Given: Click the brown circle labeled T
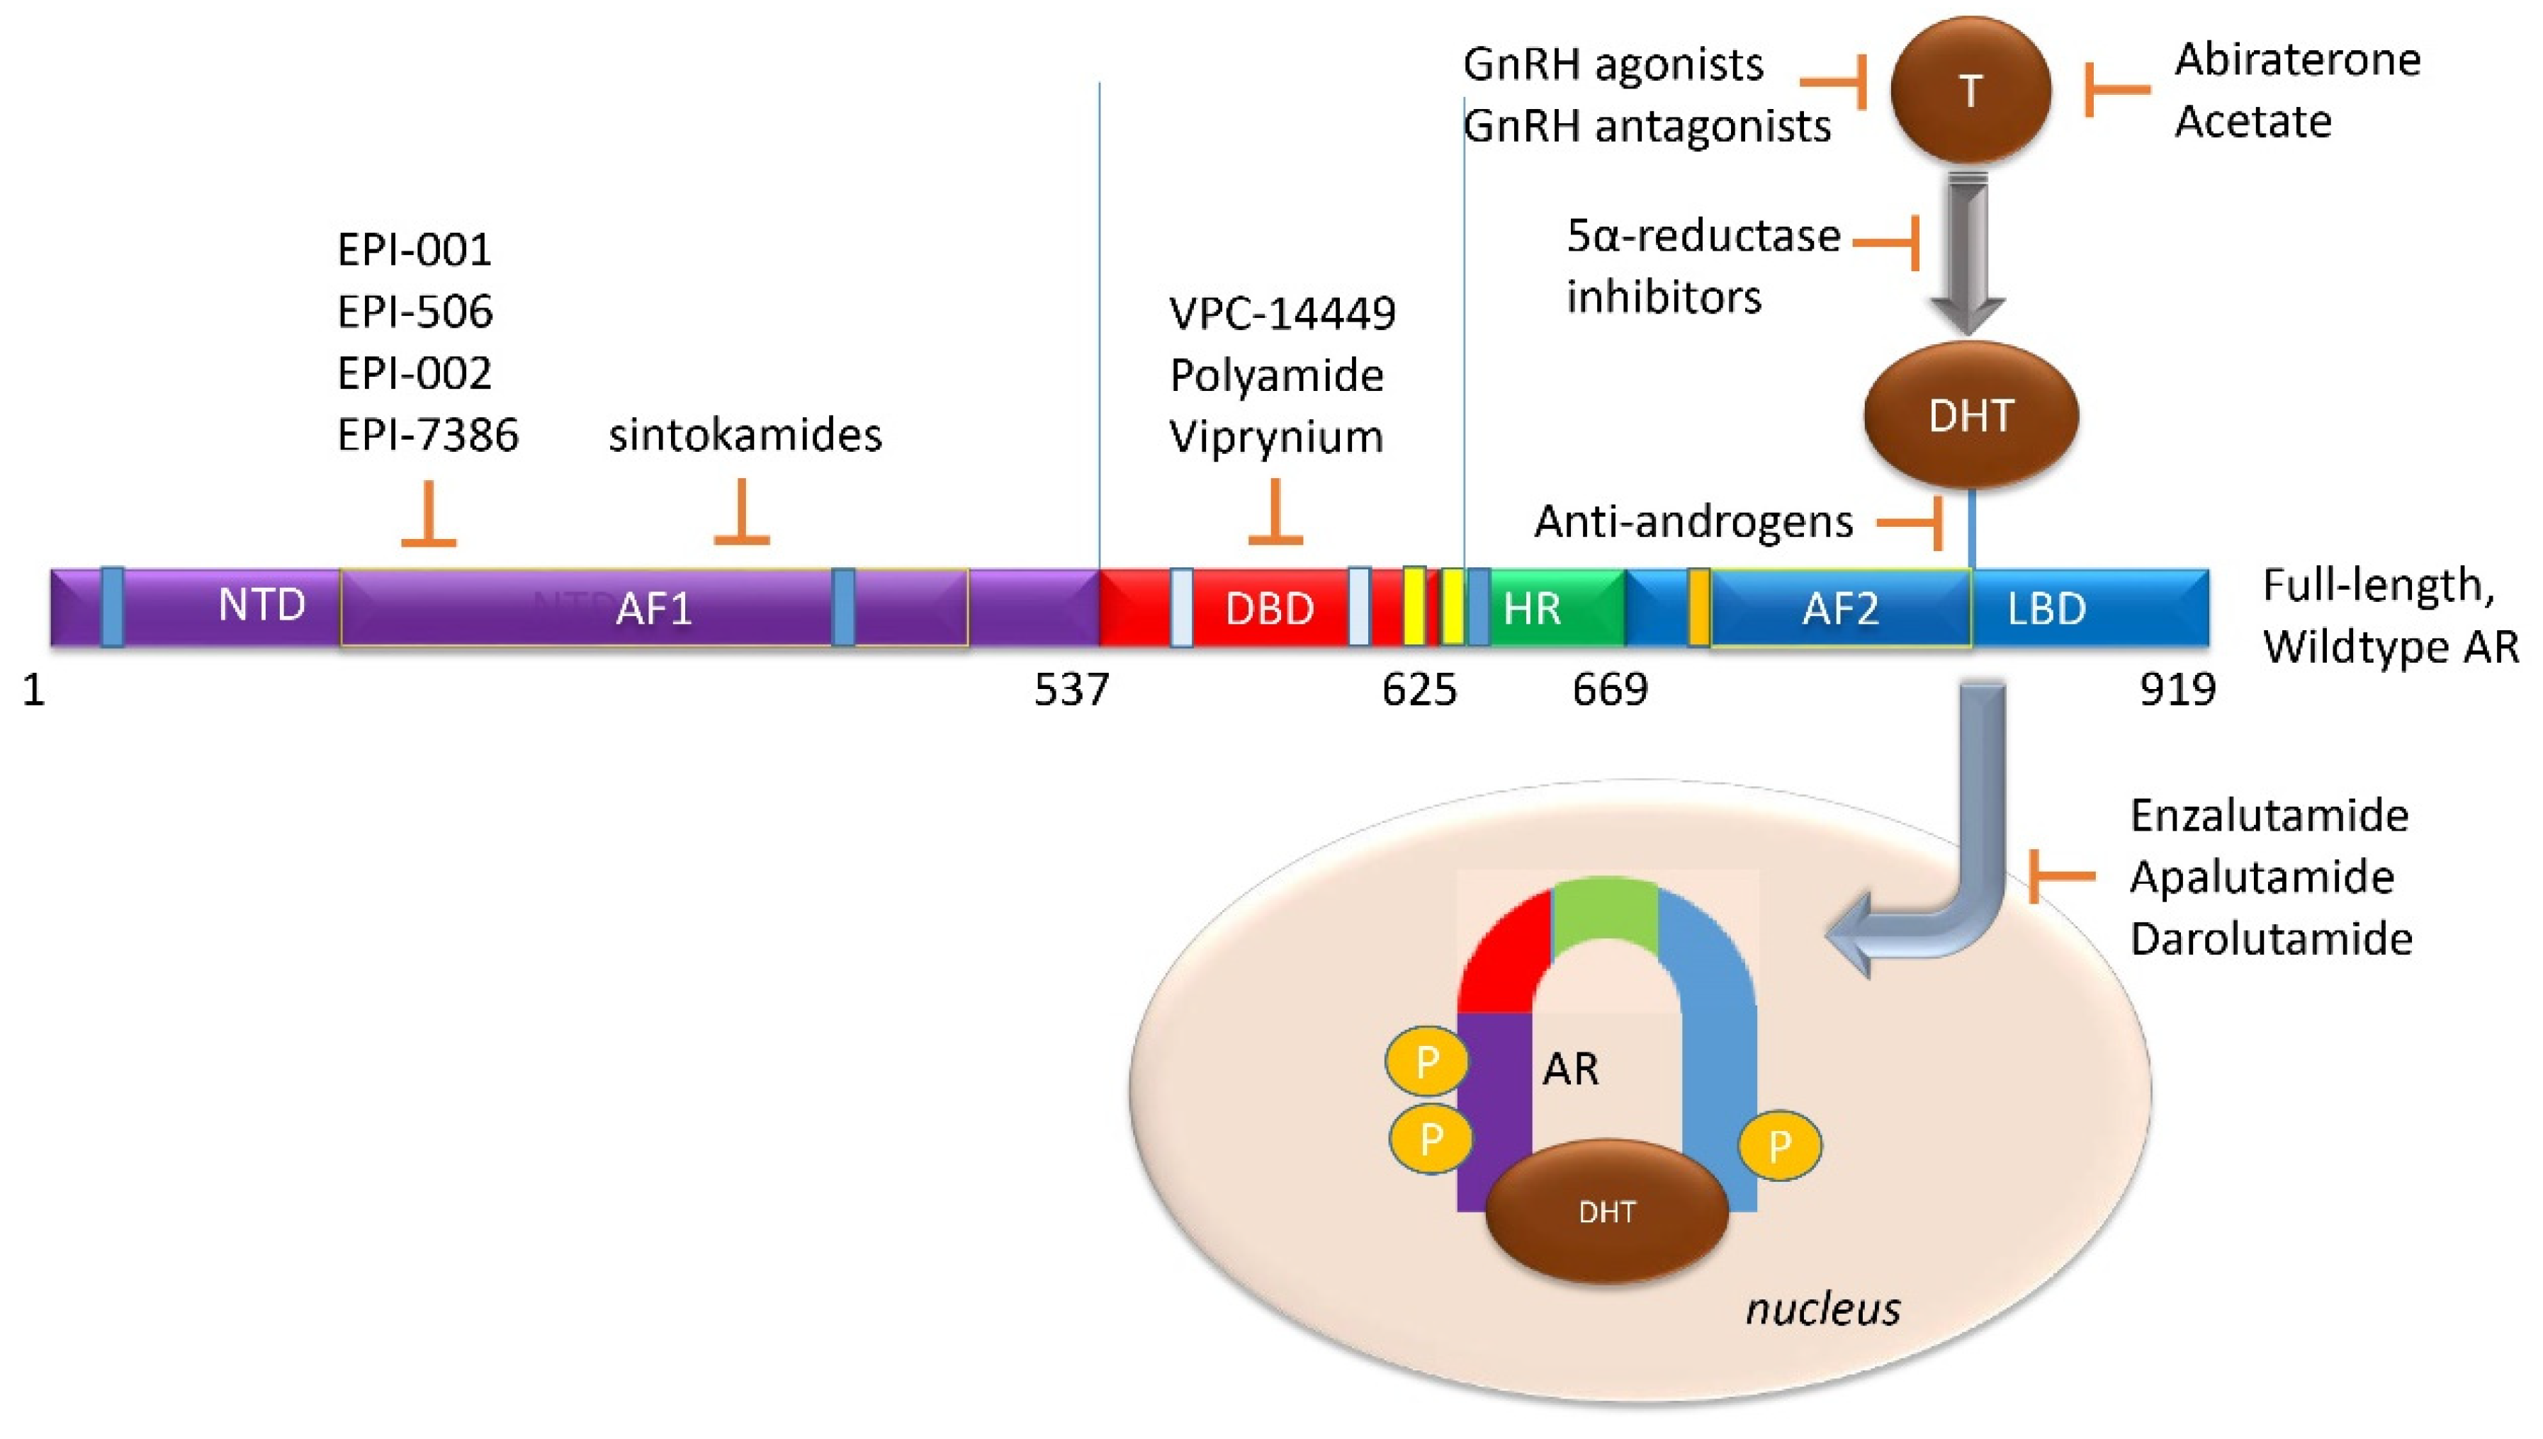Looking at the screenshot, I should pos(1970,90).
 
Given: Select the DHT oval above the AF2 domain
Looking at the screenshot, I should pos(1970,415).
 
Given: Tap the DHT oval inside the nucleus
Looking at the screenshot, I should pos(1607,1212).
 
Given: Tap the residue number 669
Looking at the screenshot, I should pos(1610,689).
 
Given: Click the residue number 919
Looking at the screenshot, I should pos(2177,689).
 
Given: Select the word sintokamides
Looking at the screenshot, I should pos(745,435).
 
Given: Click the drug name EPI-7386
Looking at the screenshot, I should pos(427,435).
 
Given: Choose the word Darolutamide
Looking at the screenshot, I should pos(2271,938).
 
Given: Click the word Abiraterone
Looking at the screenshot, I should pos(2298,60).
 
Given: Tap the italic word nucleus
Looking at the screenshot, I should pos(1822,1309).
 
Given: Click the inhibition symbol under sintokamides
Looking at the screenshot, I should pos(742,514).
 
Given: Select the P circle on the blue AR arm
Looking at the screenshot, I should pos(1780,1146).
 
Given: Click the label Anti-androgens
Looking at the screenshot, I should pos(1693,521).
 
